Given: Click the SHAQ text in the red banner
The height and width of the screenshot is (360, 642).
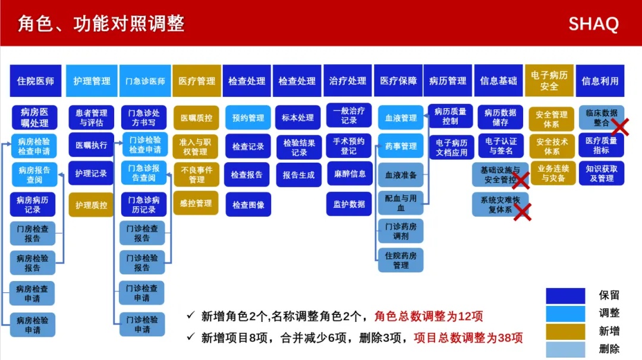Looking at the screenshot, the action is click(593, 24).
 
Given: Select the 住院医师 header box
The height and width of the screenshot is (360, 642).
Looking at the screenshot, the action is click(36, 81).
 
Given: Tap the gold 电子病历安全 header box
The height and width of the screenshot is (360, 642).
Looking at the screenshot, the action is click(549, 81).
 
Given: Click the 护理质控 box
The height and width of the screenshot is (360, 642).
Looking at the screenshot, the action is click(91, 205).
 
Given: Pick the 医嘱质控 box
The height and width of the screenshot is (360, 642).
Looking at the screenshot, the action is click(197, 118).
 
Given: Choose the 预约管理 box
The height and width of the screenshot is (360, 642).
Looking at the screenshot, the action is click(248, 118).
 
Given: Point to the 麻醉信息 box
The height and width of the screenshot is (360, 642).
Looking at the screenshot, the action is click(350, 174).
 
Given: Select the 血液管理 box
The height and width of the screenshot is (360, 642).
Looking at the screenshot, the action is click(401, 118).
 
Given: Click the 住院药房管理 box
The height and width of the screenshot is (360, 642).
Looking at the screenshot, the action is click(401, 260).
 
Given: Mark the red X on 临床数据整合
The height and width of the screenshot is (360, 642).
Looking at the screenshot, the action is click(620, 127).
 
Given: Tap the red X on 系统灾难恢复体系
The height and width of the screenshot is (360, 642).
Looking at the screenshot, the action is click(523, 212).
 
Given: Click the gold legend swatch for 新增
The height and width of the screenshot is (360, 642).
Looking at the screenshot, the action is click(565, 331).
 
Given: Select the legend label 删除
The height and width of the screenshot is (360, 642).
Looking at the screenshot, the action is click(609, 349).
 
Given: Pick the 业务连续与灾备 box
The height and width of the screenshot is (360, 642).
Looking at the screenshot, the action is click(553, 173).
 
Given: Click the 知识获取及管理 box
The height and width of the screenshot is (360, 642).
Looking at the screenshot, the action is click(602, 173).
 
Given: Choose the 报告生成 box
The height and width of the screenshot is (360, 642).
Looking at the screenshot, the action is click(298, 175).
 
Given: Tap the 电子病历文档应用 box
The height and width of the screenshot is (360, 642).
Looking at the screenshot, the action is click(451, 147).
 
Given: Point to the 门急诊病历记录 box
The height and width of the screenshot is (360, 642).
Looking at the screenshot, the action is click(144, 204).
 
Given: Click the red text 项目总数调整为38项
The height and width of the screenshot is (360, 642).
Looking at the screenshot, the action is click(468, 338).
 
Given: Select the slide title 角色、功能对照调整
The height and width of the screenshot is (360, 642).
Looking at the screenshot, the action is click(101, 23).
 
